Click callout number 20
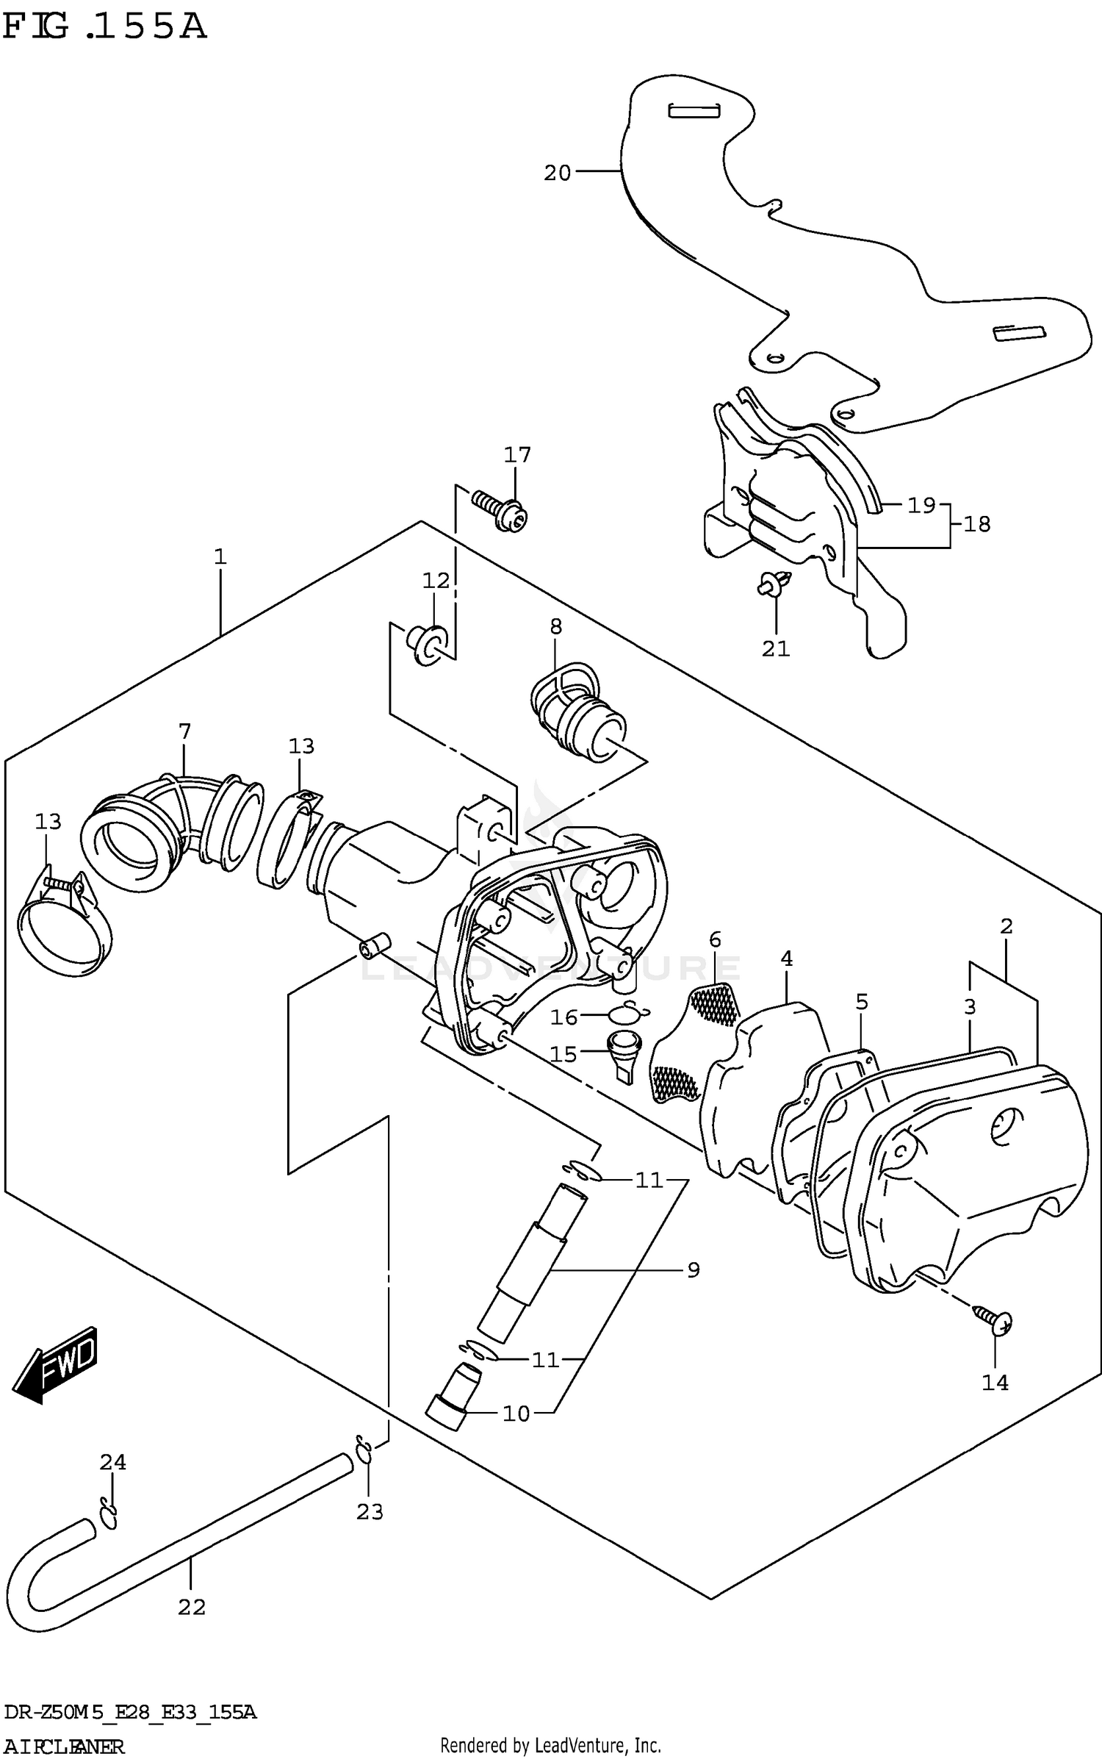point(557,173)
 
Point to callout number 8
point(555,626)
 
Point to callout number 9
point(694,1269)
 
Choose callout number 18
point(977,524)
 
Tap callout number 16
point(564,1017)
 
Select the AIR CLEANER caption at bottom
point(64,1745)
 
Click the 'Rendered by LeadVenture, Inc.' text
point(550,1745)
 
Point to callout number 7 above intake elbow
point(184,731)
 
